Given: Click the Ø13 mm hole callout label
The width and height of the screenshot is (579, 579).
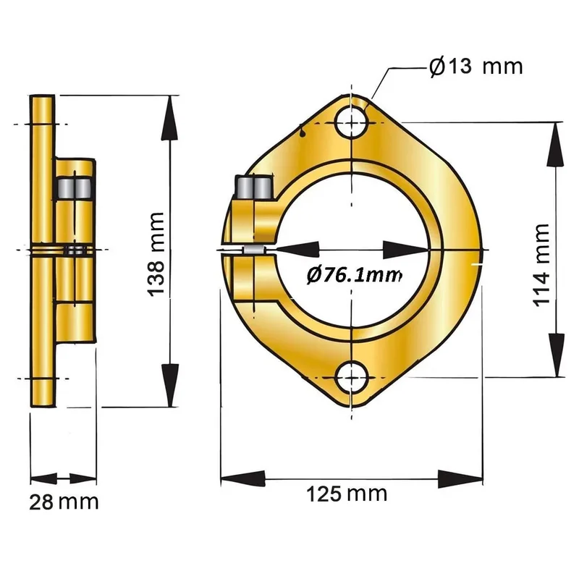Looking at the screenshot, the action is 476,67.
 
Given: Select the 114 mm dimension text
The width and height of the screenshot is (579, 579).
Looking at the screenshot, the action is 541,265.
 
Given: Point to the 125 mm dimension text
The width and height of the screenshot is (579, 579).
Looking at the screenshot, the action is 347,494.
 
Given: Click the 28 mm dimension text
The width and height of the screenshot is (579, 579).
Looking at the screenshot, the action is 64,502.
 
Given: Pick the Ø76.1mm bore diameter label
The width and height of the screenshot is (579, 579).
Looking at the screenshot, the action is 354,275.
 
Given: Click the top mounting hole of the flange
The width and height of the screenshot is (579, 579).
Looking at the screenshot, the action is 352,122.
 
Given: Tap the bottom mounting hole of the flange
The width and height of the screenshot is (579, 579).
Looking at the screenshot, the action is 352,378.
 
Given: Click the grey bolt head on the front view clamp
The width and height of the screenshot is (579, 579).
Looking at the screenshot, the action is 255,187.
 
